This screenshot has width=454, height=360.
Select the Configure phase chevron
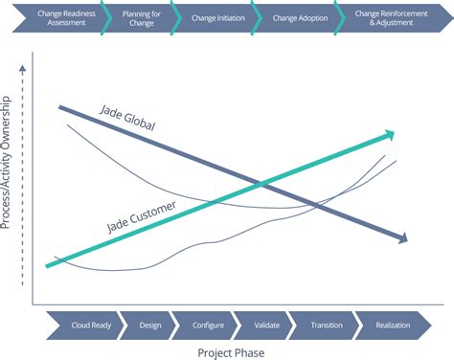pyautogui.click(x=207, y=326)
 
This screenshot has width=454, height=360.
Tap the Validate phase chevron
pyautogui.click(x=267, y=326)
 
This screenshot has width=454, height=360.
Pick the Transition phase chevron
pyautogui.click(x=327, y=326)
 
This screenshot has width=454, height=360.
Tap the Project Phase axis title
pyautogui.click(x=230, y=351)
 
